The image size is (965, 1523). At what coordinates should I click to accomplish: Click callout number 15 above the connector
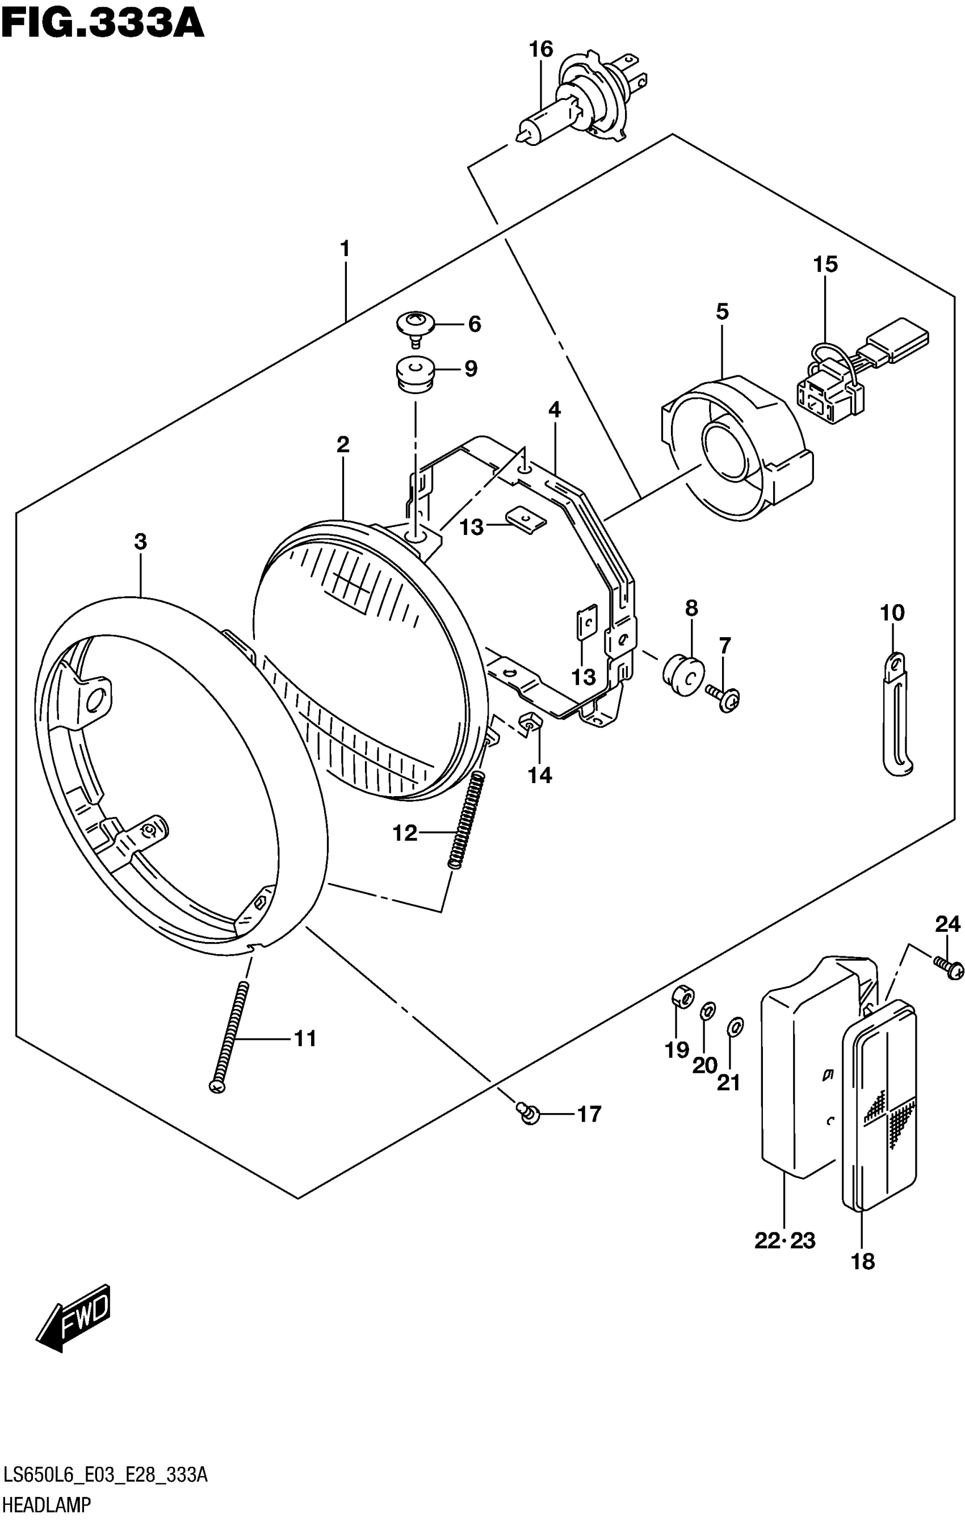pyautogui.click(x=825, y=263)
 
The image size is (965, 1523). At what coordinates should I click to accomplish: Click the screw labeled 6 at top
pyautogui.click(x=415, y=327)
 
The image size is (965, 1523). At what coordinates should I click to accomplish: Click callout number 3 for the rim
pyautogui.click(x=140, y=541)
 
